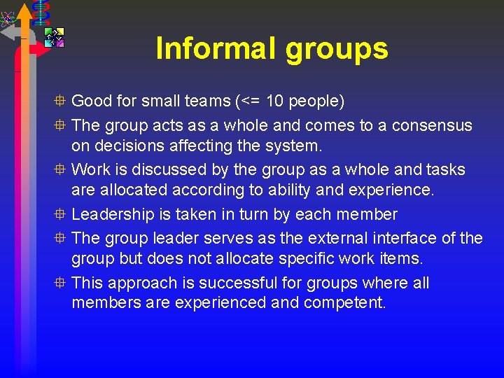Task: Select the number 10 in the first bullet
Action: [276, 101]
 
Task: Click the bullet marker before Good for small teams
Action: [62, 101]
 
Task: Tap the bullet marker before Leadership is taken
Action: [62, 215]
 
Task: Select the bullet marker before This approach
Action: [62, 283]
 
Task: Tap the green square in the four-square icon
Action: [50, 32]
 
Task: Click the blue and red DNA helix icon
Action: [41, 10]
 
